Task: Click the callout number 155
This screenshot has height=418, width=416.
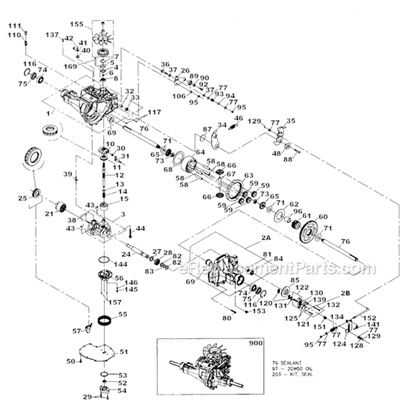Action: (76, 24)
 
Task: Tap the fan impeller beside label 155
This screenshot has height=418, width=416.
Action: (103, 35)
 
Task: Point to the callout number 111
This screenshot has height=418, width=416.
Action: (14, 26)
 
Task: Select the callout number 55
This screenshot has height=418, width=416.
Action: (122, 314)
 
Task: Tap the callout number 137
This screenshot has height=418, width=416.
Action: (52, 35)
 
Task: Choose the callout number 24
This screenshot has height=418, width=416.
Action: (127, 255)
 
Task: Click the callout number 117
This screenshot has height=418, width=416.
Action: (139, 111)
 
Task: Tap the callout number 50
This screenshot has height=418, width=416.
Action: (71, 362)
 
